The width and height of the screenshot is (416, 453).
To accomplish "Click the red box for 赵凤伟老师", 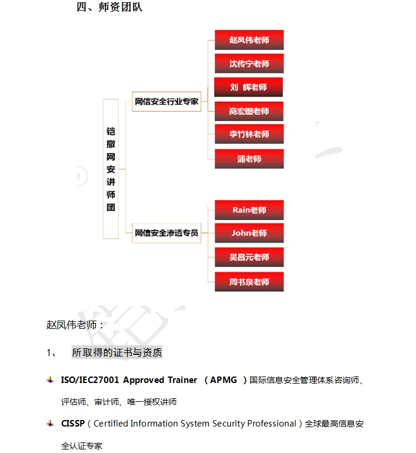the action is pos(249,40).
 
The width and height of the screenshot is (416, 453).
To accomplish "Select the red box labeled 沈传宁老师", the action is pos(249,64).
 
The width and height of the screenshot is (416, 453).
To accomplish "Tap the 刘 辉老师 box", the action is pos(248,87).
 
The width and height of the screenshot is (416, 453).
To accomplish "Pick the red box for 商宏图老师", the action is pos(249,111).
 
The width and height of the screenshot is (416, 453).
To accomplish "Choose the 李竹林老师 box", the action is pos(249,134).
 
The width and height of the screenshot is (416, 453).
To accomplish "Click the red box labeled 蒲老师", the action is pos(249,159).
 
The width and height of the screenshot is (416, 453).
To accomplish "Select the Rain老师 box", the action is pos(249,210).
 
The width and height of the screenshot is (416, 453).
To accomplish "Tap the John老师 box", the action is pos(249,233).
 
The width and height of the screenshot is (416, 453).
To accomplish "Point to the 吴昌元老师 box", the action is pos(249,257).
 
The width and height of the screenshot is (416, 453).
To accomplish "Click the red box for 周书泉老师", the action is pos(249,282).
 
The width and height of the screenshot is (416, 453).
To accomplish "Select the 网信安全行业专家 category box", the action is pos(167,101).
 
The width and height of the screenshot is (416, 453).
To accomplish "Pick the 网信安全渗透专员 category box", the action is pos(167,233).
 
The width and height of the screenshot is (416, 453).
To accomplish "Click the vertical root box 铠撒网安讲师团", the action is pos(111,169).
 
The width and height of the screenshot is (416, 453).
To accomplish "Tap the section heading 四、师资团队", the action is pos(109,7).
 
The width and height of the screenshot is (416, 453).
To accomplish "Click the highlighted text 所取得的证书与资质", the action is pos(117,352).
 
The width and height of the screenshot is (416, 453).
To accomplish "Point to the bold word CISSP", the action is pos(73,424).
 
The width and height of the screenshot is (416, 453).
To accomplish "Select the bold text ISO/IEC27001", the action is pos(90,380).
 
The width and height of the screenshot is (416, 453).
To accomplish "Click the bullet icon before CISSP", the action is pos(50,424).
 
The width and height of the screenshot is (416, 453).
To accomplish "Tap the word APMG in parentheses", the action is pos(224,380).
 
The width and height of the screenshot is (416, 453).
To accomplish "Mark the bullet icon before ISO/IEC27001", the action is pos(50,380).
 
